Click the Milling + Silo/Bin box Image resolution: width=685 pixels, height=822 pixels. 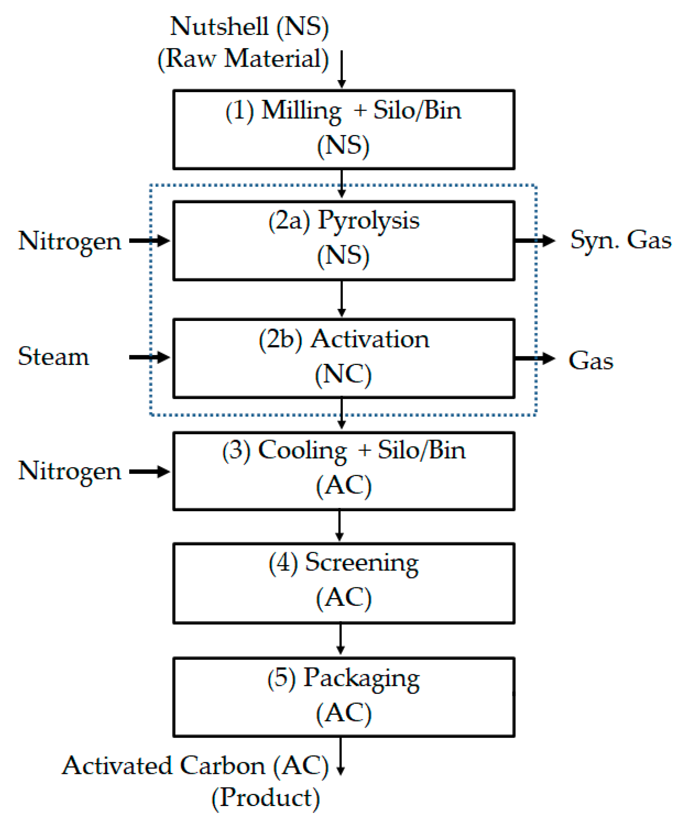(344, 129)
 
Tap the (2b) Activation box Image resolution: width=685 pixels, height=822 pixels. (344, 358)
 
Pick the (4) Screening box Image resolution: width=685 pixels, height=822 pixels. (344, 583)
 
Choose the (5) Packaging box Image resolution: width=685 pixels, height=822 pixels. (344, 697)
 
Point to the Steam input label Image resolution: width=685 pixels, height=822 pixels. (54, 357)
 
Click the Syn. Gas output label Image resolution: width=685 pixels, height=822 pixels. (621, 240)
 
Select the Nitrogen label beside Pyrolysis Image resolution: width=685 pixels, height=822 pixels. (70, 241)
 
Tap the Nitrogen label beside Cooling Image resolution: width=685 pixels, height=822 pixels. (70, 471)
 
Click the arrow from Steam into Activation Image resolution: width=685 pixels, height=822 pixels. (149, 357)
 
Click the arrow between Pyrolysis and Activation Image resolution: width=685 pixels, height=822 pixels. (342, 299)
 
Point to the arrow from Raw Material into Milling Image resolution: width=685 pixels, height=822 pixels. (342, 69)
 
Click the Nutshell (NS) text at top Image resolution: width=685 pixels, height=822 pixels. (249, 27)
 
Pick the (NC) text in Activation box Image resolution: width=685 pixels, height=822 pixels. (343, 375)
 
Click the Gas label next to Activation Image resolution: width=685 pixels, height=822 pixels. (591, 361)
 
